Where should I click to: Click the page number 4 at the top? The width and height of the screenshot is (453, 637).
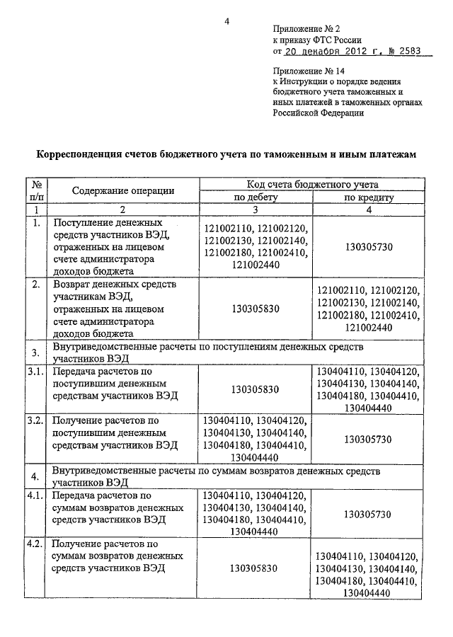228,22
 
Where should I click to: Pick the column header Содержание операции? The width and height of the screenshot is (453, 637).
122,190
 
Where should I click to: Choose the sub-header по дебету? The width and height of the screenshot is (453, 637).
256,197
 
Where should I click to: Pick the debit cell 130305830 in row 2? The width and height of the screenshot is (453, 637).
256,308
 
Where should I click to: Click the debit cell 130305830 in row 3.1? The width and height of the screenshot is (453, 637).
256,389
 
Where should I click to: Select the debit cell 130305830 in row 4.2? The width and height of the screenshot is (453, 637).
256,568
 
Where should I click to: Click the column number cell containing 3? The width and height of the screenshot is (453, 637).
256,210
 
